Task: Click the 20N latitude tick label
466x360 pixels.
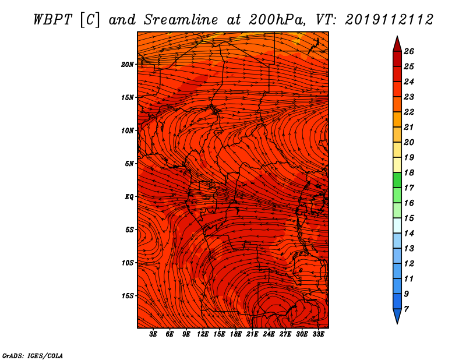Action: tap(127, 65)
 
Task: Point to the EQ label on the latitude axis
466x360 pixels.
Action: tap(129, 197)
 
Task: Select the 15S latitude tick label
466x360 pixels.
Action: tap(127, 296)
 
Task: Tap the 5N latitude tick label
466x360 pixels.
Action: tap(129, 164)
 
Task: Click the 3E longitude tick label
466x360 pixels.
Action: tap(153, 334)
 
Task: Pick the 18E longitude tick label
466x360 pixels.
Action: tap(236, 334)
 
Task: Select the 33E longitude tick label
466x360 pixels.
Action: tap(318, 334)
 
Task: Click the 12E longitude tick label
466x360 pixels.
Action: tap(203, 334)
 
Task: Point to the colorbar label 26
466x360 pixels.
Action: tap(409, 51)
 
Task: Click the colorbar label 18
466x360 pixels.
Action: tap(409, 172)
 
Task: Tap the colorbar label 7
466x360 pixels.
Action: tap(406, 309)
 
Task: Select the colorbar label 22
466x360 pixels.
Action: tap(409, 112)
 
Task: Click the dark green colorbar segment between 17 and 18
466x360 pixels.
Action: tap(397, 180)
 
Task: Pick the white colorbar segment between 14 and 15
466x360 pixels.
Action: tap(397, 225)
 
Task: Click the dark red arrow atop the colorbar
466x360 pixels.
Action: tap(397, 44)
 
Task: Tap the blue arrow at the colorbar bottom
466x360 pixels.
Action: tap(397, 316)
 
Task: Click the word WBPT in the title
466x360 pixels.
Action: tap(53, 20)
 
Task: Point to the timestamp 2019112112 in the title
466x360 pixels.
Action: tap(389, 20)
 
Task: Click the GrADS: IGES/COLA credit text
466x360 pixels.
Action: tap(33, 356)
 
